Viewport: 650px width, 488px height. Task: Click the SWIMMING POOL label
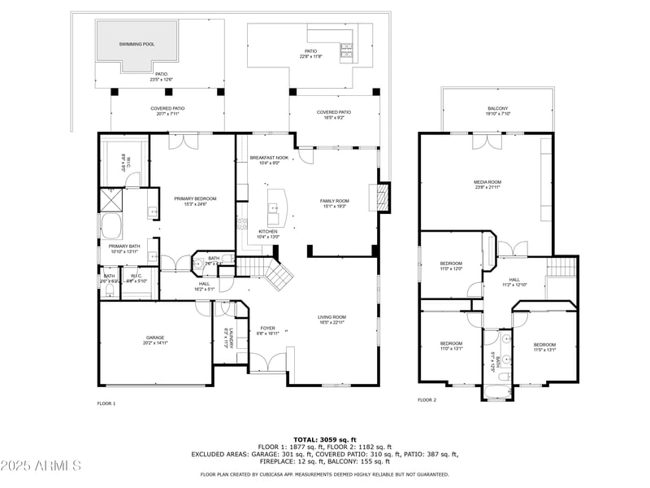pyautogui.click(x=136, y=44)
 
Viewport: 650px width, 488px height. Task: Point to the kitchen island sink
pyautogui.click(x=274, y=206)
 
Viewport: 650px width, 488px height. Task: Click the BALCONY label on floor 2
pyautogui.click(x=497, y=111)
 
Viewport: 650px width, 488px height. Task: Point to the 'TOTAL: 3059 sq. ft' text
pyautogui.click(x=325, y=439)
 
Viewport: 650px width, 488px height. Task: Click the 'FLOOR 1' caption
pyautogui.click(x=106, y=403)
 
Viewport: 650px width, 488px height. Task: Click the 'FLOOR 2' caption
pyautogui.click(x=427, y=400)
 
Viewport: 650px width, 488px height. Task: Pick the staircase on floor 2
pyautogui.click(x=561, y=269)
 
